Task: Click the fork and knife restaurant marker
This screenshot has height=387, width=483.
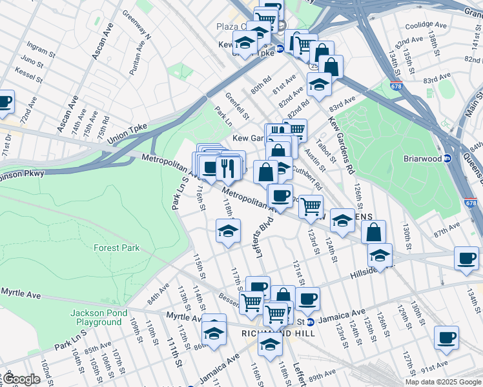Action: [228, 169]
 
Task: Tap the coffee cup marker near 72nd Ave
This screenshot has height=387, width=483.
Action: [4, 102]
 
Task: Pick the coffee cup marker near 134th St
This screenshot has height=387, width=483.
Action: [466, 259]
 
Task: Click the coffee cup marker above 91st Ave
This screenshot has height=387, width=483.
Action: [446, 338]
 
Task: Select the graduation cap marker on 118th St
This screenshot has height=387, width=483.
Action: [228, 232]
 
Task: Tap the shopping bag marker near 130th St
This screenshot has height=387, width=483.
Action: [374, 232]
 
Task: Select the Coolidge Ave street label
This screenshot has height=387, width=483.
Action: [426, 25]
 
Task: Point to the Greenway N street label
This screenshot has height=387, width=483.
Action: [136, 25]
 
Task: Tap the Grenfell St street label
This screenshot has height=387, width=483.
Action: [237, 106]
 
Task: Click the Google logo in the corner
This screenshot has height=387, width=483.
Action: [22, 379]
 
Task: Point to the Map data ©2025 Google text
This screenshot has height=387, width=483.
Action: [442, 382]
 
